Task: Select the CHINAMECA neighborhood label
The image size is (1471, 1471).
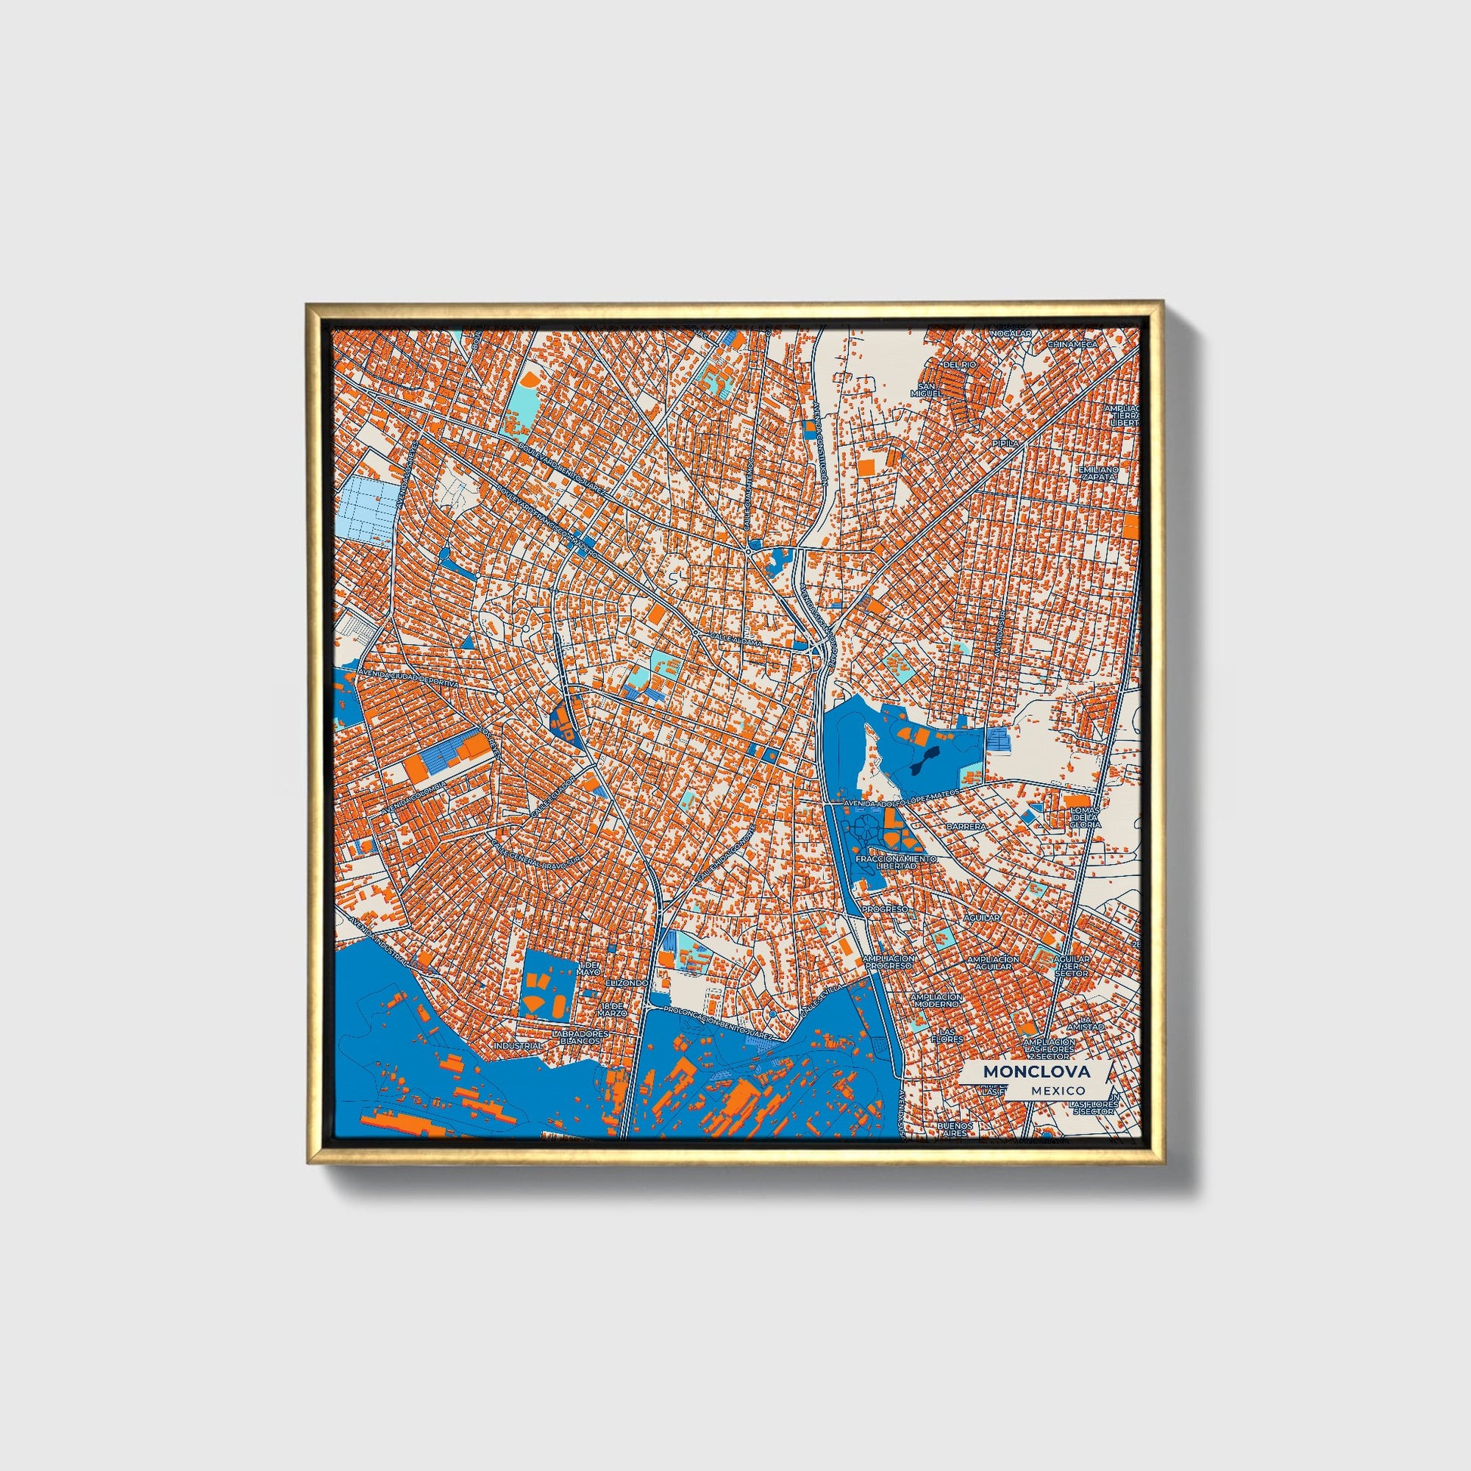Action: click(1073, 344)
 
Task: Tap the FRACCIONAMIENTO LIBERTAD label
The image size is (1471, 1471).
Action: click(896, 862)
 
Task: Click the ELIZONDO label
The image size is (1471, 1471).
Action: click(626, 983)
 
